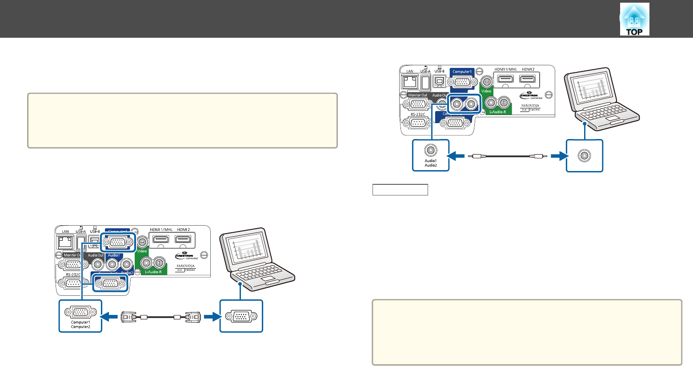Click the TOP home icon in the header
click(x=634, y=20)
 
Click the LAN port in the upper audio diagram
click(x=409, y=82)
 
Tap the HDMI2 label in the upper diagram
click(x=528, y=70)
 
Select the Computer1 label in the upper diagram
click(x=462, y=72)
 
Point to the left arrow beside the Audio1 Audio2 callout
click(x=457, y=156)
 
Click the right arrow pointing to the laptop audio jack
click(x=559, y=156)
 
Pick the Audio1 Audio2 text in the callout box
click(x=431, y=163)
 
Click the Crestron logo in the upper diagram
click(x=529, y=95)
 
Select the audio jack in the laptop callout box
click(x=584, y=155)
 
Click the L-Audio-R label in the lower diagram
click(x=153, y=271)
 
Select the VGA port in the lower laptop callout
click(x=241, y=316)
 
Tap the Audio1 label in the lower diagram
click(x=113, y=255)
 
